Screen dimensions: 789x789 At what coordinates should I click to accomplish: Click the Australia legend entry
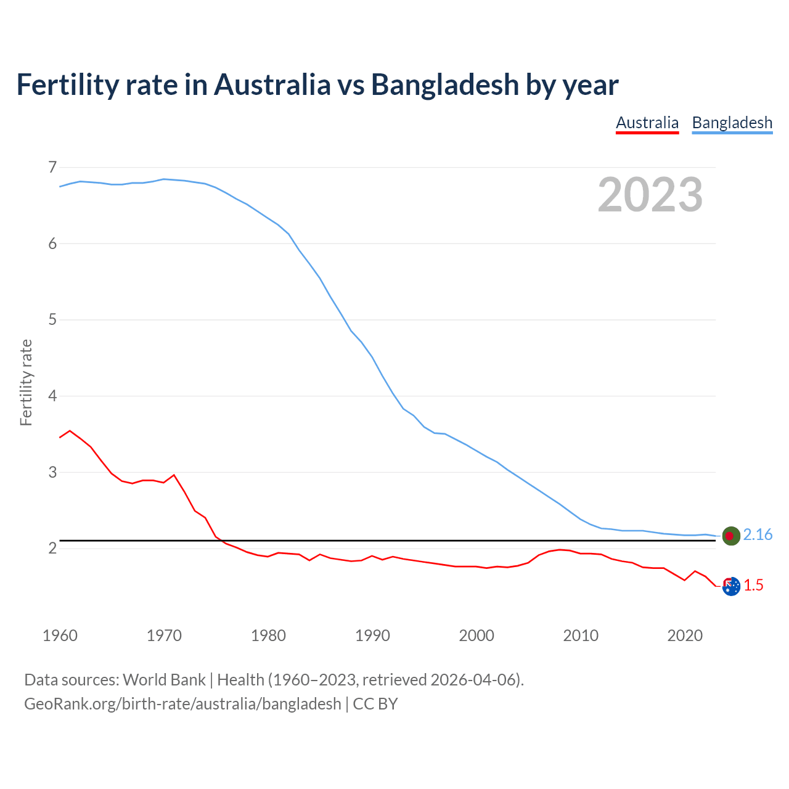coord(647,123)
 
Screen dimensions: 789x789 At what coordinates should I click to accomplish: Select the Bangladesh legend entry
coord(732,123)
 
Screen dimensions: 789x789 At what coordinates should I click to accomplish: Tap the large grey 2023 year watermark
coord(650,195)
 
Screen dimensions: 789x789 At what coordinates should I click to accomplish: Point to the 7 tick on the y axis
coord(52,167)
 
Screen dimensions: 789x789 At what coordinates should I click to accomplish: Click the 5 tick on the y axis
coord(52,319)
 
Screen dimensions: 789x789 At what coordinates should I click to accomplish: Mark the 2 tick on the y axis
coord(52,548)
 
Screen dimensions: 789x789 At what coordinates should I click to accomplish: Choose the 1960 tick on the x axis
coord(60,635)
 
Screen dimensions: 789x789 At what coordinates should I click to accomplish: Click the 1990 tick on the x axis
coord(372,635)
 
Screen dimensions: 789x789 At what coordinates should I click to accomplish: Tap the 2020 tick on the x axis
coord(685,635)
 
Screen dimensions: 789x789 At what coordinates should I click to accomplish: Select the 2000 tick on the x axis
coord(476,635)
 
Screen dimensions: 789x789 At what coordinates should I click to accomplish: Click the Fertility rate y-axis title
coord(26,382)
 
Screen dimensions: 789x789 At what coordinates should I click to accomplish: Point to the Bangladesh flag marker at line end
coord(731,536)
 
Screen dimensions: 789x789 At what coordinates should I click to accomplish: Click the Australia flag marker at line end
coord(731,587)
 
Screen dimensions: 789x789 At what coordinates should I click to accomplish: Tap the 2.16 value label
coord(758,535)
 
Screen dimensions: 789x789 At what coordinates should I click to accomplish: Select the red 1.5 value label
coord(753,586)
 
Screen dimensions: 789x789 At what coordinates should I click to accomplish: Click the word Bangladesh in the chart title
coord(445,84)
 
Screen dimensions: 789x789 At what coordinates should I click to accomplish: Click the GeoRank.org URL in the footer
coord(182,703)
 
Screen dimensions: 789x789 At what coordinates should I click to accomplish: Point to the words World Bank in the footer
coord(164,680)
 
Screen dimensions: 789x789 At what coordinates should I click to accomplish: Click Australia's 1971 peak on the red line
coord(174,475)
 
